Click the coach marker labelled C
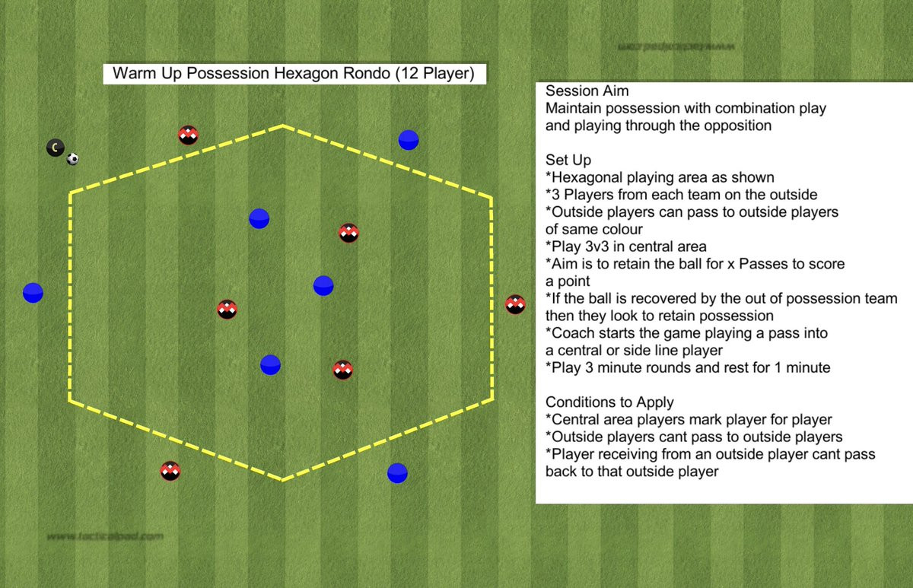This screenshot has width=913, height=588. pos(55,148)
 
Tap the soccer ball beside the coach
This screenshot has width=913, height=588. pos(72,159)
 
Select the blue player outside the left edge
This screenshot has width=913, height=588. pos(33,293)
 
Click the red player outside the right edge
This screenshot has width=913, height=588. pos(516,305)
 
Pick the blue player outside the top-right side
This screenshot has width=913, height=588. pos(409,140)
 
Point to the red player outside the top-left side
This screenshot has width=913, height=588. pos(189,135)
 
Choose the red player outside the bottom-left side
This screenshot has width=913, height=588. pos(170,471)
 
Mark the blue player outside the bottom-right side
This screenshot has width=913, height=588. pos(397,473)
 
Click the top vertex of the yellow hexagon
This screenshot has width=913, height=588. pos(283,125)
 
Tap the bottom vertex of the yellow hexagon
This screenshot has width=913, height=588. pos(283,480)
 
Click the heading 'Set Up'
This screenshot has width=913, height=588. pos(568,160)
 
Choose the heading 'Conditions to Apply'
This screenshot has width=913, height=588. pos(609,402)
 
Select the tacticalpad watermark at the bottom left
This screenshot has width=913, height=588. pos(105,536)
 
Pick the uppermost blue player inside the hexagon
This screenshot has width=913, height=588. pos(259,218)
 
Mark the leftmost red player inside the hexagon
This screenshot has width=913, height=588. pos(227,310)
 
